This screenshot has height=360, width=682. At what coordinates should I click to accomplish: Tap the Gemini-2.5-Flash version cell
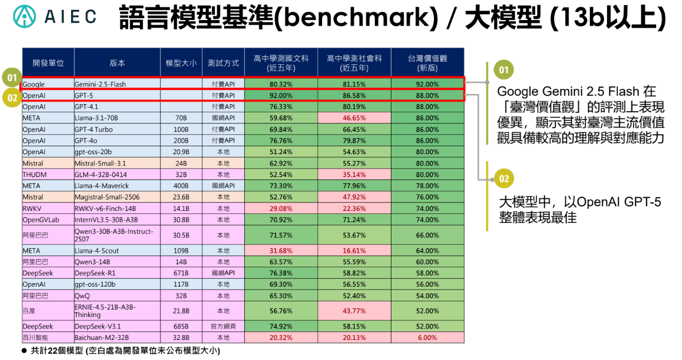[x=117, y=84]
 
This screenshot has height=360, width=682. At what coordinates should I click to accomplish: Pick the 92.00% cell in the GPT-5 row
[x=281, y=95]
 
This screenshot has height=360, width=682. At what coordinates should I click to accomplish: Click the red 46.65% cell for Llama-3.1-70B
[x=354, y=118]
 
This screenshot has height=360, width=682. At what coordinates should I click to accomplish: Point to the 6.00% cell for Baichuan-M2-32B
[x=428, y=338]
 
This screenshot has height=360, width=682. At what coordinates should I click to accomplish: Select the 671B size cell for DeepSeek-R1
[x=181, y=273]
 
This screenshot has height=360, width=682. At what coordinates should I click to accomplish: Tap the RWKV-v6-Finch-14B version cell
[x=117, y=209]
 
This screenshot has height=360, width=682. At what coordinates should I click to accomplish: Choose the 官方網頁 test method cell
[x=223, y=326]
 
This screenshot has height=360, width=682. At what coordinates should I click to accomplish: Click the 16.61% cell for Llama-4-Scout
[x=354, y=251]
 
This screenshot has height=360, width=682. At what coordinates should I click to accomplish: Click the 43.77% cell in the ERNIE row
[x=354, y=311]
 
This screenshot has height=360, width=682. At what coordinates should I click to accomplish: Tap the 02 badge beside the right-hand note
[x=504, y=179]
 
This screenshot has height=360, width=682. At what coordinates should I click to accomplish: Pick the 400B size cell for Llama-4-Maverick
[x=181, y=186]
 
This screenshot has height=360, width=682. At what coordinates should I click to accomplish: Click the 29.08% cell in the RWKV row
[x=281, y=209]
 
